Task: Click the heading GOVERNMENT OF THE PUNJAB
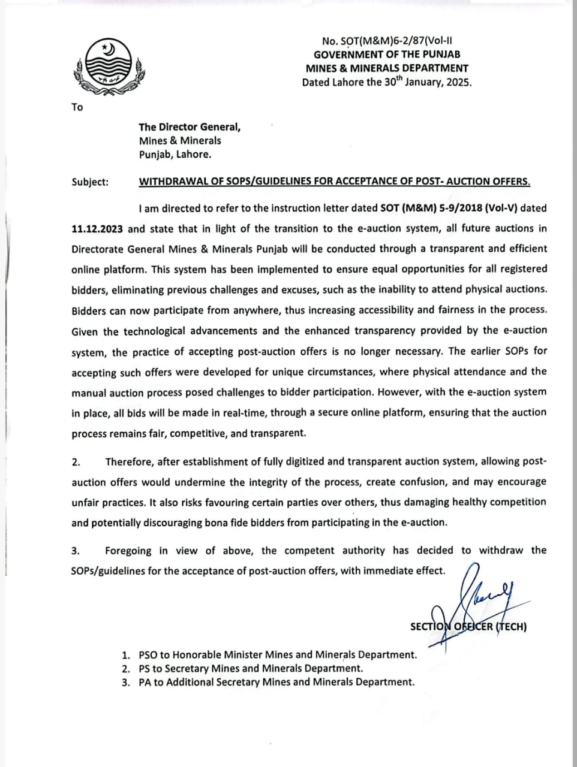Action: [387, 55]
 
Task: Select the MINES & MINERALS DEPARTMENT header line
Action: [387, 68]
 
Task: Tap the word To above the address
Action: [77, 107]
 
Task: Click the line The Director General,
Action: [190, 127]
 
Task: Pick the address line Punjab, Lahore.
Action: [175, 154]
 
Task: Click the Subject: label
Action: [90, 182]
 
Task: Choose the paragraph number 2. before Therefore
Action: [76, 461]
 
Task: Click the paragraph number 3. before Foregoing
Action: [76, 550]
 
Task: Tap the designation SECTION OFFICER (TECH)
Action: [468, 627]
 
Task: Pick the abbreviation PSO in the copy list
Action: [149, 655]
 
